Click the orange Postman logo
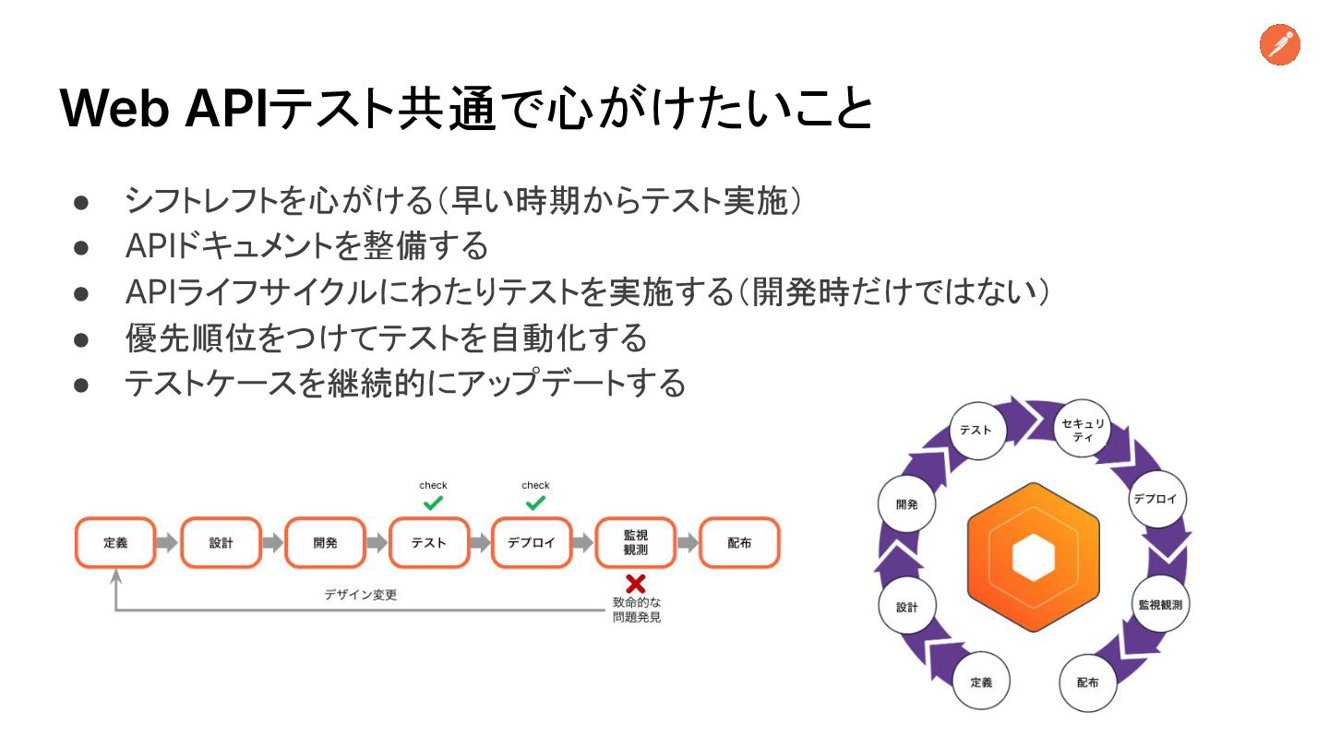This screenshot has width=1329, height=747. click(x=1280, y=45)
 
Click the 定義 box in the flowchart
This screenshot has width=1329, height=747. click(x=115, y=542)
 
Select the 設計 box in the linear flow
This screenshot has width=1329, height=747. click(x=221, y=542)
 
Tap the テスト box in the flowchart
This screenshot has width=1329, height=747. click(x=429, y=542)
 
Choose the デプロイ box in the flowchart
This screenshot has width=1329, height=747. click(x=532, y=542)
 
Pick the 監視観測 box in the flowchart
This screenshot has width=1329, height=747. click(x=635, y=542)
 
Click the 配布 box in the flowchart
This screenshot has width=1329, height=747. click(x=739, y=542)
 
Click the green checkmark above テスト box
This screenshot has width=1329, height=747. click(x=433, y=504)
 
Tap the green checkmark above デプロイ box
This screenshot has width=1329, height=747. click(x=535, y=504)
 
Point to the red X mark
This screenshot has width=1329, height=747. click(x=635, y=584)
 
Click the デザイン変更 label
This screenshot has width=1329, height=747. click(x=360, y=595)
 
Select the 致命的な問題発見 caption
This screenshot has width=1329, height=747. click(x=637, y=610)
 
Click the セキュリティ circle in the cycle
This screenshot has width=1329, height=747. click(x=1083, y=430)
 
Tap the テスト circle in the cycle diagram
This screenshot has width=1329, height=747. click(x=976, y=430)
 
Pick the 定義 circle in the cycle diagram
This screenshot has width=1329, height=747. click(x=981, y=682)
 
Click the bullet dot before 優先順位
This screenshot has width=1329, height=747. click(x=80, y=339)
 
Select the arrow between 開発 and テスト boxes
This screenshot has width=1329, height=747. click(x=377, y=542)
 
